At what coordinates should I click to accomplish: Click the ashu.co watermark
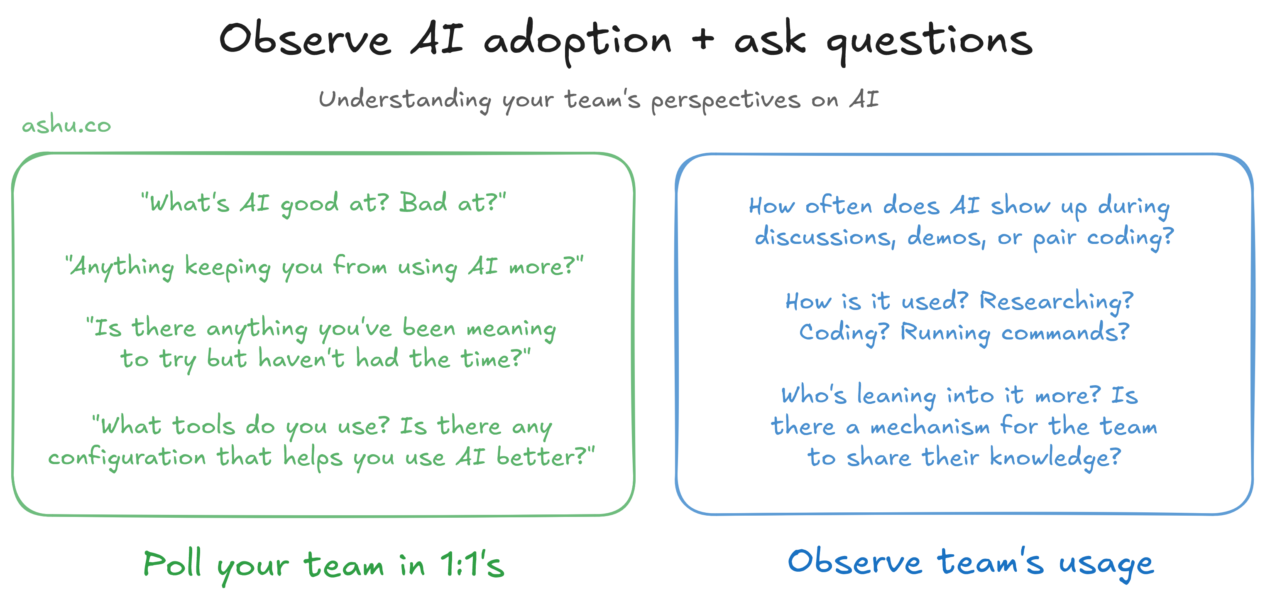coord(67,125)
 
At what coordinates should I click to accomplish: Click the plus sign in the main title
coord(703,38)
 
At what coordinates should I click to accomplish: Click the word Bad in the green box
coord(423,202)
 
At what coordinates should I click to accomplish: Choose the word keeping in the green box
coord(228,268)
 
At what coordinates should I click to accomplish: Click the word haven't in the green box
coord(301,358)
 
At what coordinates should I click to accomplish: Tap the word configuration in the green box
coord(127,458)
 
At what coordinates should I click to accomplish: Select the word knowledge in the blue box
coord(1055,458)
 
